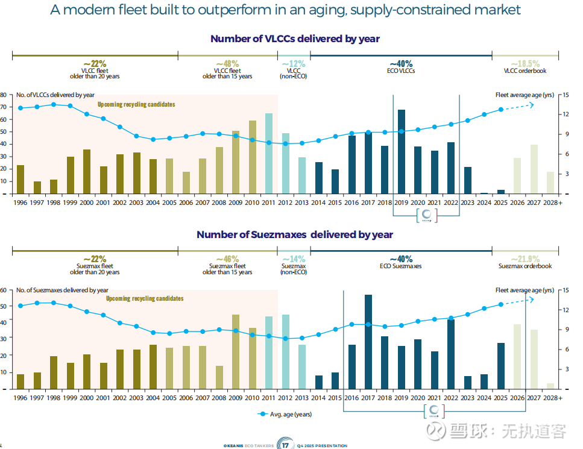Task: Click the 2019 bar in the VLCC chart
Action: tap(401, 152)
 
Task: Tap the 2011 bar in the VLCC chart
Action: tap(269, 154)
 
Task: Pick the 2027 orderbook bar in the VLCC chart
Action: tap(534, 169)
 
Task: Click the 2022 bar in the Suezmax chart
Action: tap(450, 354)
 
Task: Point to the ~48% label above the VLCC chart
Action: tap(227, 63)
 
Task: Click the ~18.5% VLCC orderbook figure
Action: tap(525, 63)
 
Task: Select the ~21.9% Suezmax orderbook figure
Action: tap(525, 259)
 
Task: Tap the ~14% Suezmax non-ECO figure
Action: tap(294, 259)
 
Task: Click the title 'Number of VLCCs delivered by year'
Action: tap(295, 39)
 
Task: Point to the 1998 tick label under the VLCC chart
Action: tap(53, 203)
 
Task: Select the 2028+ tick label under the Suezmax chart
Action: tap(552, 398)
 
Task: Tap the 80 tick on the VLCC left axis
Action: tap(3, 95)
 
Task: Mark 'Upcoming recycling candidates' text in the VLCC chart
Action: tap(136, 104)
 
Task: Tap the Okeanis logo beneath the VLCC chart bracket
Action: tap(426, 216)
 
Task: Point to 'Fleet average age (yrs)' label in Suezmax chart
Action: tap(524, 290)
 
